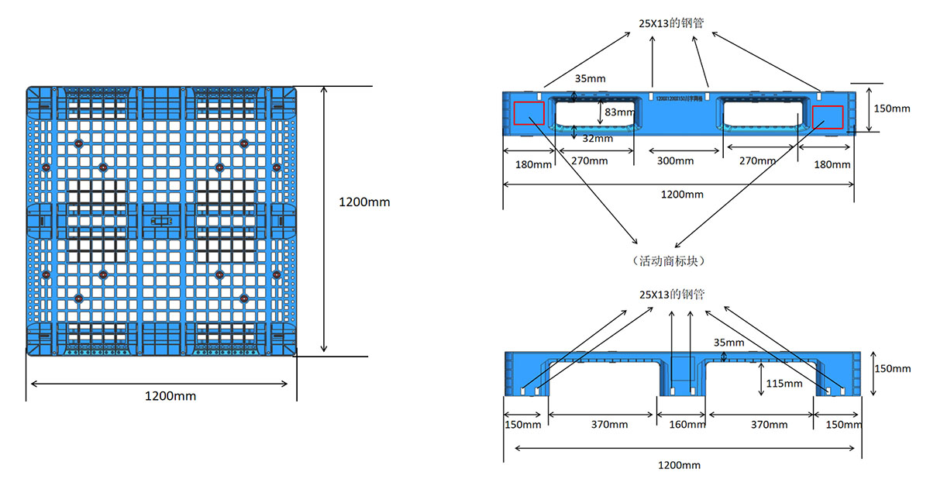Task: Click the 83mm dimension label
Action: click(618, 112)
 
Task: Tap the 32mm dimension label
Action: click(598, 139)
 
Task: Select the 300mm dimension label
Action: click(675, 161)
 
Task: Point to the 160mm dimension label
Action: click(683, 425)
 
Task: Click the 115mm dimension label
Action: click(784, 383)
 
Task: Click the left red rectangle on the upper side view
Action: click(529, 113)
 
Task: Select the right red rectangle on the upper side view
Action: click(828, 115)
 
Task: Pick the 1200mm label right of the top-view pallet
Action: click(364, 202)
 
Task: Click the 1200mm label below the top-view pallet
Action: click(170, 396)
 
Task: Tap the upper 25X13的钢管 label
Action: click(671, 23)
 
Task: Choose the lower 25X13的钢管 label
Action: click(672, 295)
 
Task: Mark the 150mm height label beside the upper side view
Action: click(891, 109)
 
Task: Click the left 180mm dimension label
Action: click(533, 164)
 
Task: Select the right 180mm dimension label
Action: click(832, 164)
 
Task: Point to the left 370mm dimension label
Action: click(609, 425)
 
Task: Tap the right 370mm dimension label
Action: click(768, 425)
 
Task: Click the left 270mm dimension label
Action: click(589, 161)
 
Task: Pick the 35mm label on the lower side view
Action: click(728, 342)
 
